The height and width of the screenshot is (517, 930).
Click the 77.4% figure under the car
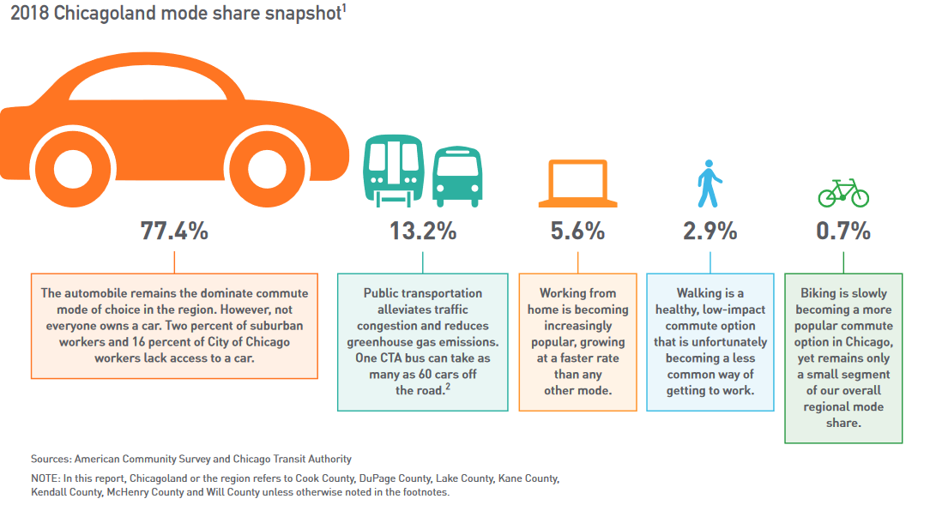pyautogui.click(x=174, y=231)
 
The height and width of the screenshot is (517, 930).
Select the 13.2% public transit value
pyautogui.click(x=422, y=231)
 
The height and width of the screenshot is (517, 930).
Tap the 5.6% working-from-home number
pyautogui.click(x=577, y=231)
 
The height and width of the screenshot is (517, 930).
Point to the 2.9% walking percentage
pyautogui.click(x=710, y=231)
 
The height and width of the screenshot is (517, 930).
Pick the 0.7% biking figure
pyautogui.click(x=843, y=231)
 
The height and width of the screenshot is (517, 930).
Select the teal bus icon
pyautogui.click(x=456, y=177)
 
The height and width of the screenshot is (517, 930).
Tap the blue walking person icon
pyautogui.click(x=710, y=183)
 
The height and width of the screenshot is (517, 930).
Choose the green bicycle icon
pyautogui.click(x=843, y=192)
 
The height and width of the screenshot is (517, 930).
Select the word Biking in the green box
pyautogui.click(x=818, y=293)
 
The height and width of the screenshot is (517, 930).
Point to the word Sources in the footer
pyautogui.click(x=51, y=459)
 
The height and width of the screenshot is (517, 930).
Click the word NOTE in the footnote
pyautogui.click(x=45, y=478)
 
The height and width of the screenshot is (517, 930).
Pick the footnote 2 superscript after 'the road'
pyautogui.click(x=448, y=387)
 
